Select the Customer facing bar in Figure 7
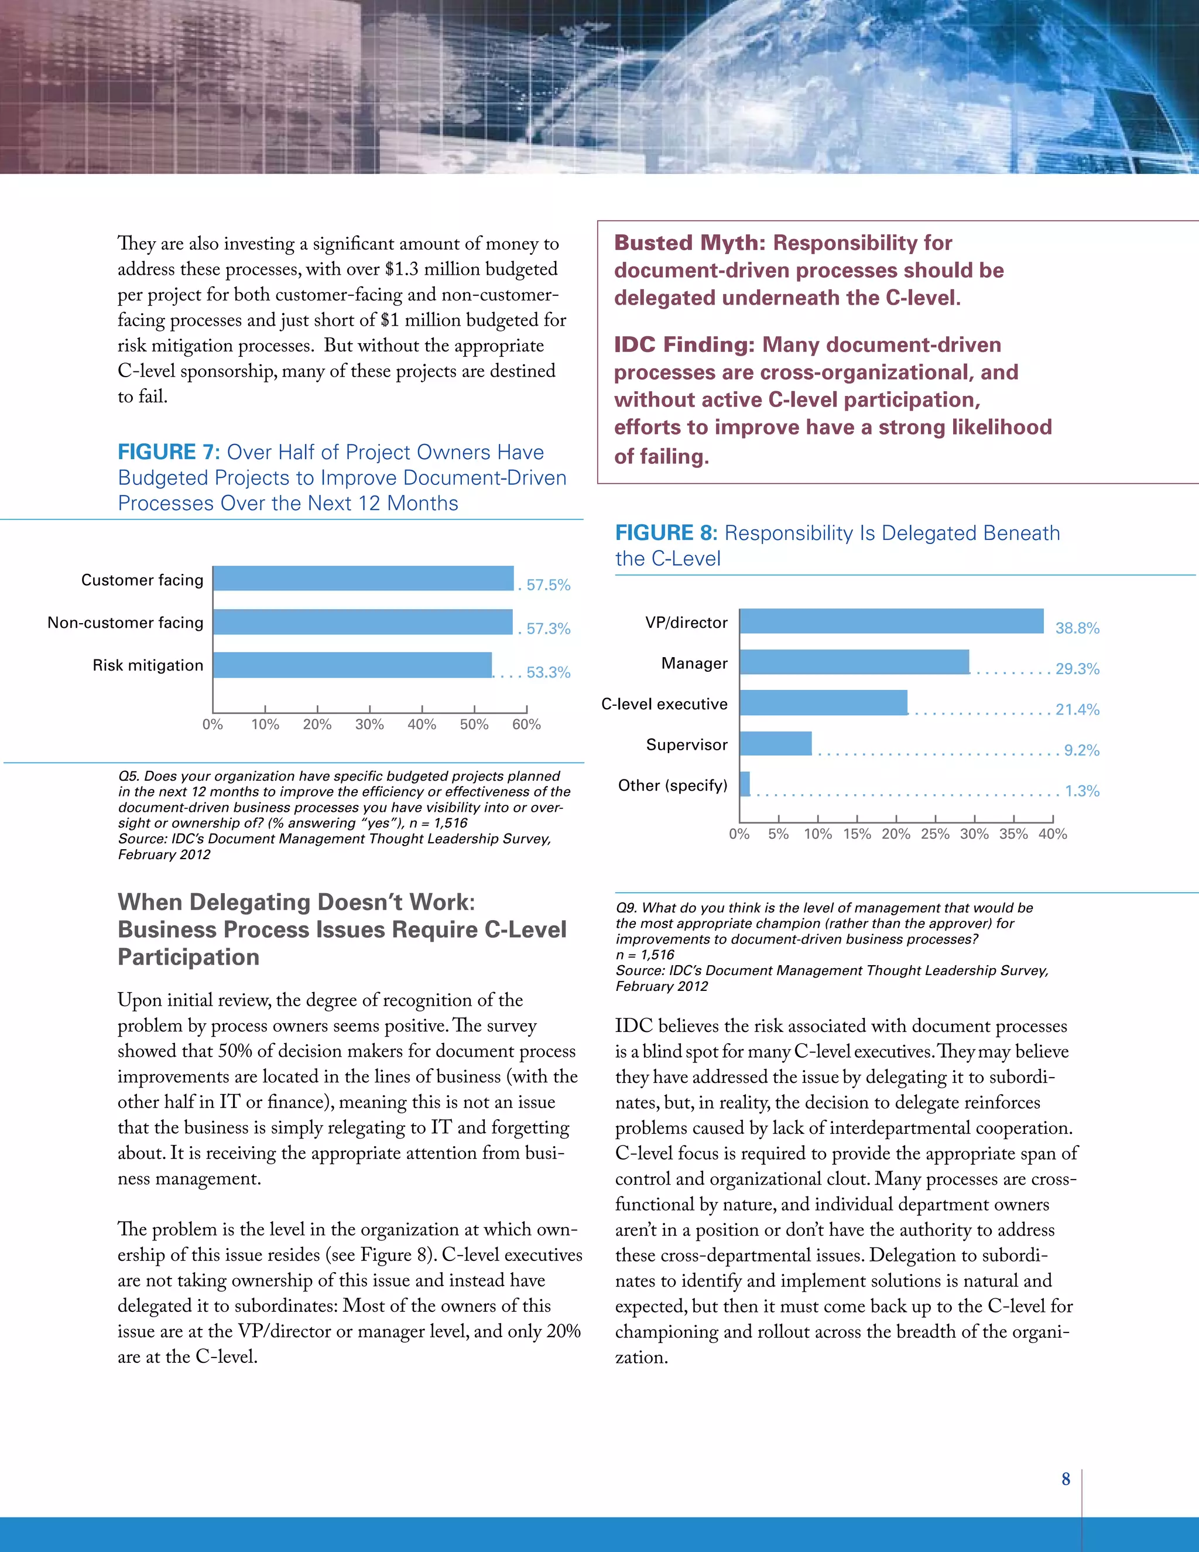tap(363, 579)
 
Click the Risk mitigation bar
tap(352, 665)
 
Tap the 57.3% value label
tap(547, 629)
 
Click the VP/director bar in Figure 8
tap(892, 621)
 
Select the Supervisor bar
tap(776, 744)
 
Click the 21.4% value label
tap(1077, 710)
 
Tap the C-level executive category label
tap(664, 704)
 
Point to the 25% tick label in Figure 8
tap(935, 834)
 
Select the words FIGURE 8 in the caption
tap(666, 533)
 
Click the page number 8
tap(1066, 1479)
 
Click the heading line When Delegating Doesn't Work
tap(296, 902)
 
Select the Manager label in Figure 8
tap(694, 664)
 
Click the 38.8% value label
tap(1077, 628)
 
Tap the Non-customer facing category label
tap(125, 623)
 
